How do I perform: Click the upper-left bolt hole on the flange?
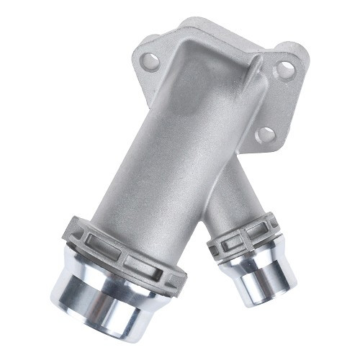pyautogui.click(x=150, y=61)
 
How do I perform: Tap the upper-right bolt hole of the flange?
pyautogui.click(x=285, y=70)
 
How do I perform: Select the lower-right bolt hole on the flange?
pyautogui.click(x=266, y=134)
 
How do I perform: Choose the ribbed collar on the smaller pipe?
pyautogui.click(x=241, y=234)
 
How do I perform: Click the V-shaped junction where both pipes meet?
pyautogui.click(x=204, y=209)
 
